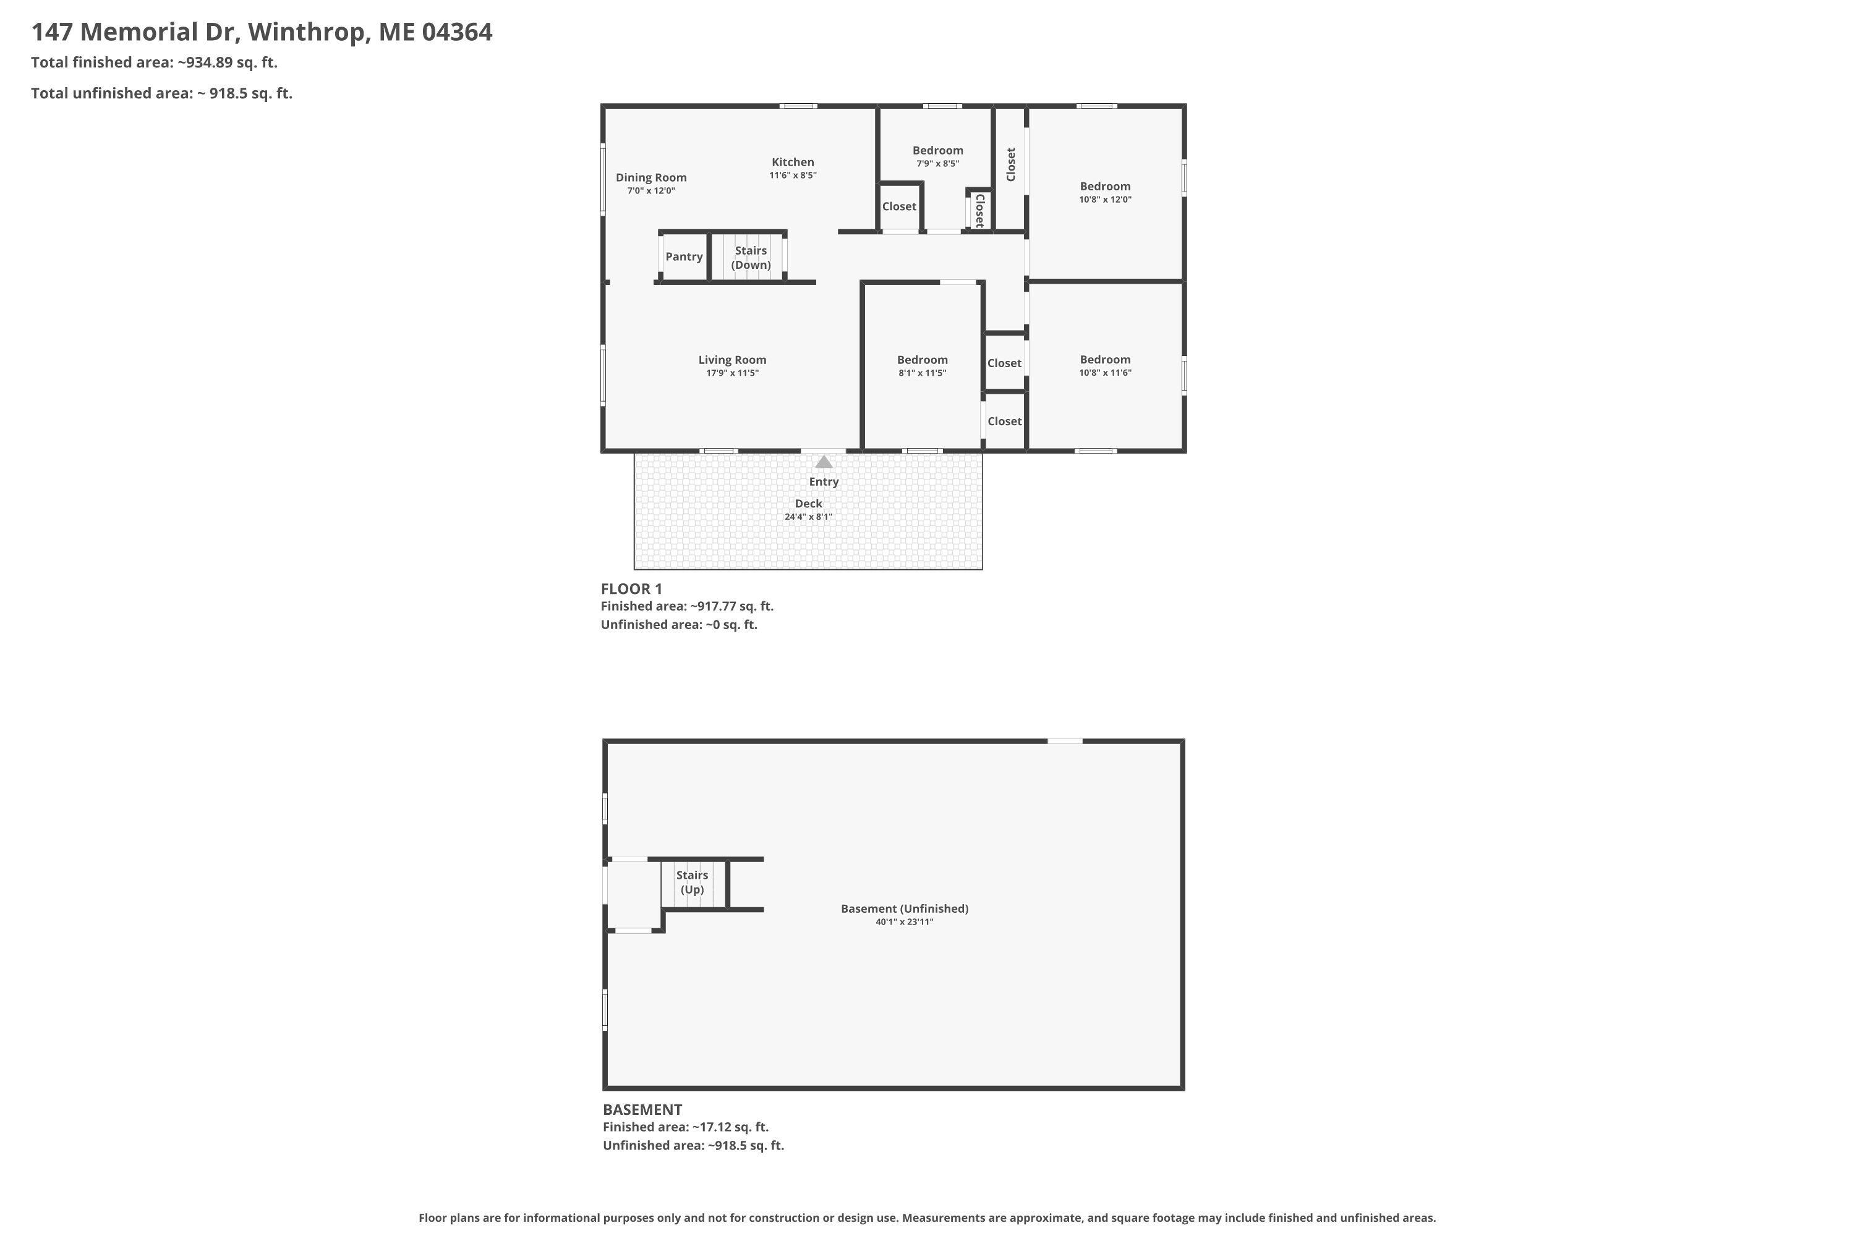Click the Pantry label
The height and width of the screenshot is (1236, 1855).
[x=684, y=256]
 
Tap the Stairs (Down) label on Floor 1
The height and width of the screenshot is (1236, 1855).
[x=751, y=258]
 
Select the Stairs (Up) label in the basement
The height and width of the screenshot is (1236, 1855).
[x=692, y=882]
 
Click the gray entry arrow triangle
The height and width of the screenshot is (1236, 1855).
[x=824, y=462]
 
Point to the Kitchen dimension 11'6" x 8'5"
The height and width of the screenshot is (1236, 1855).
[x=793, y=175]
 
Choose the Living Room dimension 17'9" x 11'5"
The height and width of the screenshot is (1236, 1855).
[x=732, y=373]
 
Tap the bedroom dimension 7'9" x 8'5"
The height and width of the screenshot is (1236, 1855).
[x=938, y=164]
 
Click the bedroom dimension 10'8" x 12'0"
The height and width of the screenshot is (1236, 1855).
[x=1105, y=200]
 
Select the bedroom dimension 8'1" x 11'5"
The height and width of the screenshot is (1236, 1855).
[x=922, y=373]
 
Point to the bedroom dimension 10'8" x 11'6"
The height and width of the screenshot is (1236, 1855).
[x=1105, y=373]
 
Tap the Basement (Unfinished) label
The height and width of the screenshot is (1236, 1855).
[x=905, y=908]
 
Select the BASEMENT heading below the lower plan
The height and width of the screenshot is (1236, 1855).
[x=642, y=1109]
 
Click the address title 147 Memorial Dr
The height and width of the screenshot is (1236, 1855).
[x=137, y=32]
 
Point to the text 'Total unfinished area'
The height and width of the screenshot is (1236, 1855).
[x=111, y=93]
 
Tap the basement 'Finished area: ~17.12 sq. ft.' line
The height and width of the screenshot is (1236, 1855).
[x=685, y=1127]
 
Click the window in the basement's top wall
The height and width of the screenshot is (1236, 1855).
[x=1065, y=741]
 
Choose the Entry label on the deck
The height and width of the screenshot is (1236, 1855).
[x=824, y=481]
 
